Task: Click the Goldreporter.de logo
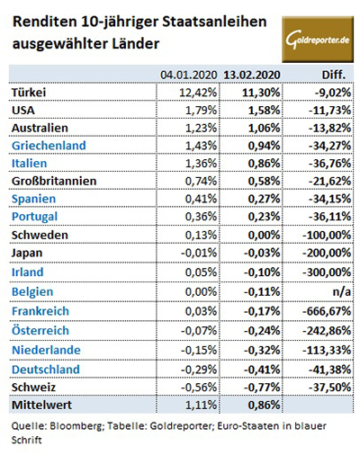tap(318, 40)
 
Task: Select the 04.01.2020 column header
tap(188, 75)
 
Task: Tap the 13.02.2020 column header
tap(252, 75)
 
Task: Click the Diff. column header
tap(334, 75)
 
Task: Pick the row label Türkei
tap(29, 92)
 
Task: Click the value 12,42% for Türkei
tap(198, 93)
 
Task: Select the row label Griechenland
tap(49, 146)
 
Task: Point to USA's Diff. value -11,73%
tap(329, 111)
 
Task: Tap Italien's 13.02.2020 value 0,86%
tap(264, 164)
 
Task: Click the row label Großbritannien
tap(54, 181)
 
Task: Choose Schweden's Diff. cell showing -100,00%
tap(327, 235)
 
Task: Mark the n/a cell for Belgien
tap(342, 291)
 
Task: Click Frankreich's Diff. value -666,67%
tap(327, 311)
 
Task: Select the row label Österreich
tap(40, 330)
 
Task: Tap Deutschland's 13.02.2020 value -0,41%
tap(262, 370)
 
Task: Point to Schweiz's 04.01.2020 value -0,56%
tap(199, 388)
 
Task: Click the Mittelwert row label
tap(41, 405)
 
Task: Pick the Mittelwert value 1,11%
tap(201, 406)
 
